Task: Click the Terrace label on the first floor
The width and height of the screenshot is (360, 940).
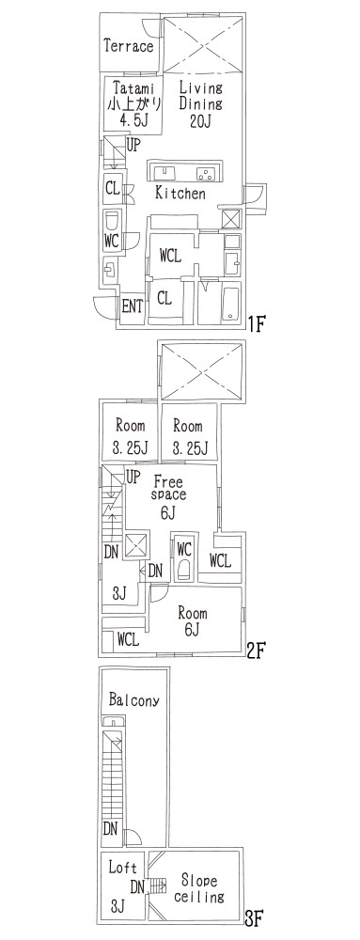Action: coord(128,46)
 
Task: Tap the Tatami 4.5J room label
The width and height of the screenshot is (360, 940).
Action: coord(133,102)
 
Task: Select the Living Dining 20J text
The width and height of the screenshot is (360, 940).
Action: coord(201,103)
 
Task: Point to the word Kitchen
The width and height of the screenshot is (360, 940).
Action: coord(180,193)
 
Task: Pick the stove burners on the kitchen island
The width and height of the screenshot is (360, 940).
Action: coord(205,173)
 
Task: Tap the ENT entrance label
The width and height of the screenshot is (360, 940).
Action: coord(132,306)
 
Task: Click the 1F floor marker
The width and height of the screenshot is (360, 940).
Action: coord(257,324)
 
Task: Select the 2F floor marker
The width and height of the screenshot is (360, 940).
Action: coord(256,650)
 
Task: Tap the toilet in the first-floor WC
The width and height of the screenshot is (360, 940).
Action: coord(112,222)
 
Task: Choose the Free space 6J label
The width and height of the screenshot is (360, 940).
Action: coord(169,495)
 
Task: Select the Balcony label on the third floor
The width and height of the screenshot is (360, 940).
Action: coord(134,700)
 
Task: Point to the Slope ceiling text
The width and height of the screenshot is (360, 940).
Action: coord(199,889)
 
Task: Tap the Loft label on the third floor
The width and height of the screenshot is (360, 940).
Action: coord(123,867)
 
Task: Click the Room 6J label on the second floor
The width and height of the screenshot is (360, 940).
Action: coord(193,621)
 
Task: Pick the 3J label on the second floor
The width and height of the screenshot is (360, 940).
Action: coord(119,593)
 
